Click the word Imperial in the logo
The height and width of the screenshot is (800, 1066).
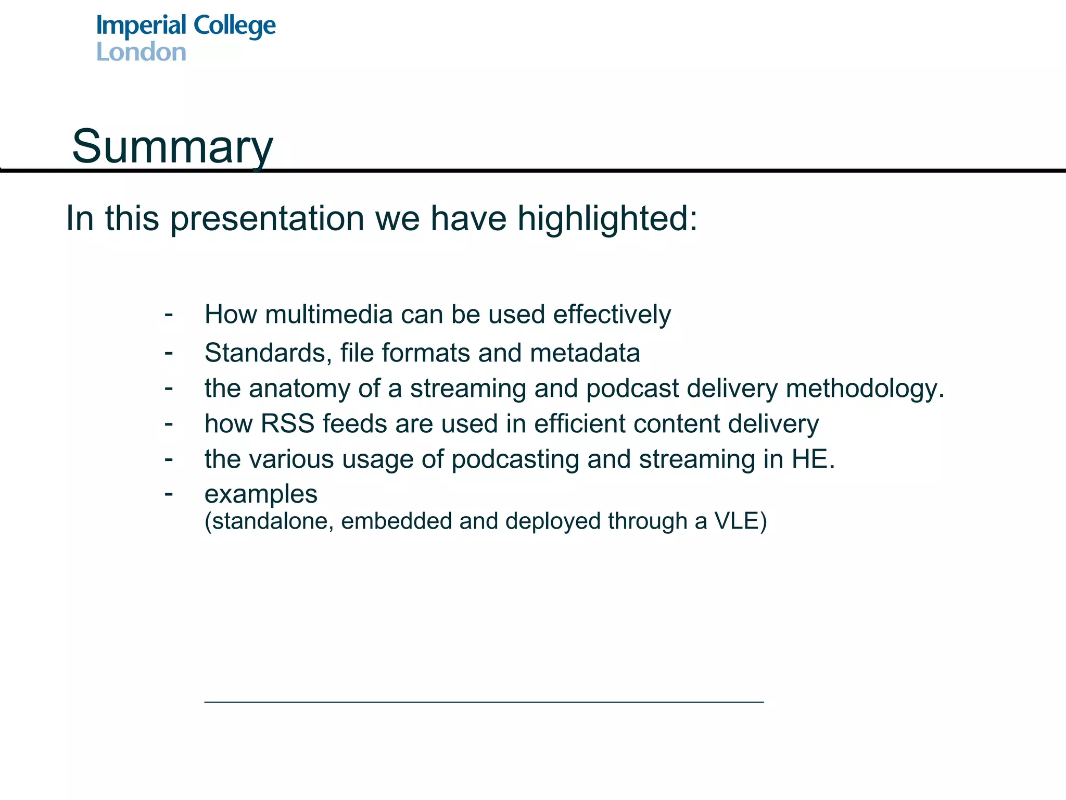point(141,27)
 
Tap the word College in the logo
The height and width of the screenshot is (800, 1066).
point(234,27)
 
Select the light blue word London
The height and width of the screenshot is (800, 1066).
point(141,52)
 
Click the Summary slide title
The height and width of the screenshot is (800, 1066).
point(172,147)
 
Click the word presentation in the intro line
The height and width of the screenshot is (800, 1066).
point(267,219)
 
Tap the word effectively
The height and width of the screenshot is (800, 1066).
point(612,315)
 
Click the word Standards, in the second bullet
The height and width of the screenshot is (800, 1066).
point(269,353)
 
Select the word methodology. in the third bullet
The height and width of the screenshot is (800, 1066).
point(865,389)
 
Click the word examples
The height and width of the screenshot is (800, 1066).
point(261,494)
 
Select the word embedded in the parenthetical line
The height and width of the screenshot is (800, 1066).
point(396,521)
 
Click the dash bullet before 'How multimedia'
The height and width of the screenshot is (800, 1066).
point(169,314)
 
